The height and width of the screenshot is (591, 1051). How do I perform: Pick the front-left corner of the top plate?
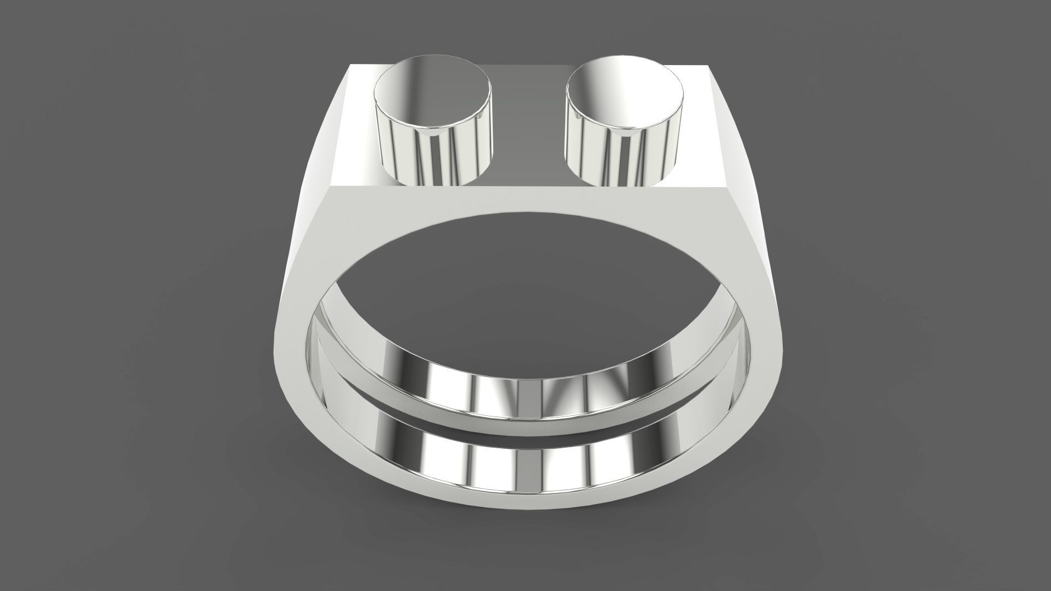[x=332, y=187]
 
